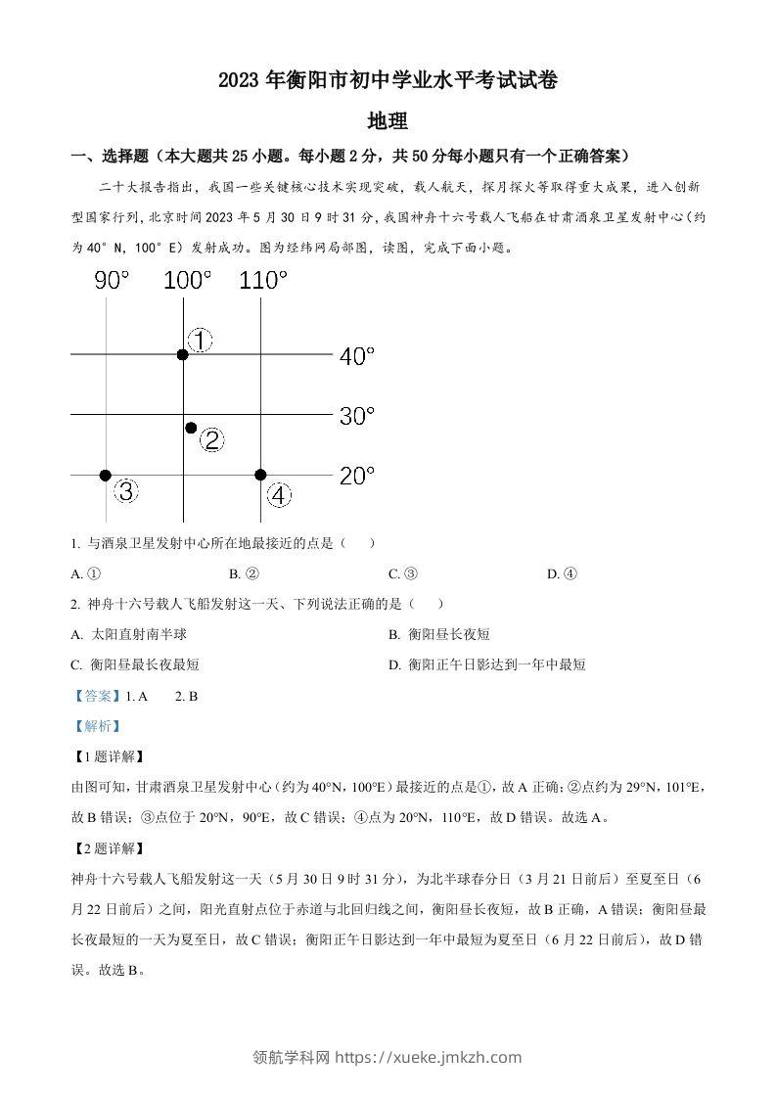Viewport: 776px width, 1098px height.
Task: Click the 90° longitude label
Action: tap(112, 281)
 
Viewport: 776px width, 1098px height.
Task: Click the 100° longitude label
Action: tap(187, 281)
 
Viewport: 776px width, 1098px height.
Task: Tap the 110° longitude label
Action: tap(263, 281)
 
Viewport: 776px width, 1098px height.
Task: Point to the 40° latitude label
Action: tap(357, 356)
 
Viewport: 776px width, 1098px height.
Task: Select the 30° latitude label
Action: tap(357, 416)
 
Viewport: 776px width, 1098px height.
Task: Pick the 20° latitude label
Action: tap(357, 477)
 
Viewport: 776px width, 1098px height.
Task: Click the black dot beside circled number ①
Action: tap(183, 354)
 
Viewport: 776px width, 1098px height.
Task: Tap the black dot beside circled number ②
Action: tap(191, 428)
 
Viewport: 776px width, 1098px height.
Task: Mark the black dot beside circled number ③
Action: tap(106, 475)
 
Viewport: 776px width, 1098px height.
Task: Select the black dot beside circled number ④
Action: tap(260, 475)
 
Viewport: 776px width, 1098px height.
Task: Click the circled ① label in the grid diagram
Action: tap(200, 341)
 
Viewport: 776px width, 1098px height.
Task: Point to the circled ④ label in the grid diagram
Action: tap(280, 496)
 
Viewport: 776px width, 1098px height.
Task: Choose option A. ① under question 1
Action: tap(86, 574)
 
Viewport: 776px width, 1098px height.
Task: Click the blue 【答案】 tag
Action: tap(92, 696)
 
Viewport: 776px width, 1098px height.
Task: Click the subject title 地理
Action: tap(387, 121)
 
